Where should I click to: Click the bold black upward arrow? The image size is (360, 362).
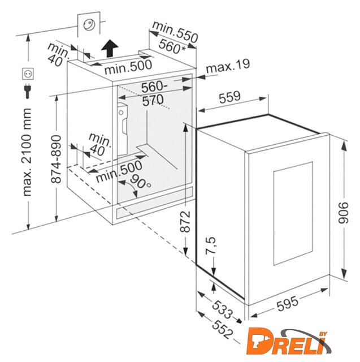click(x=110, y=48)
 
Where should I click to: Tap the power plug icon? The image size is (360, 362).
click(x=28, y=91)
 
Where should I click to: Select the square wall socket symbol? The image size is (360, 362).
click(x=28, y=74)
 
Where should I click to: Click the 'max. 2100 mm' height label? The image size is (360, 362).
click(x=27, y=152)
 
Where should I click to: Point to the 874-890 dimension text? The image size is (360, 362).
click(x=56, y=159)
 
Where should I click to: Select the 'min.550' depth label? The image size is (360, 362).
click(x=175, y=32)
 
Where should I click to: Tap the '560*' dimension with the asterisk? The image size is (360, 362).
click(x=172, y=46)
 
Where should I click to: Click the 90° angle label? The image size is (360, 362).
click(x=140, y=181)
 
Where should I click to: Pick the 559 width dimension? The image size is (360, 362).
click(x=229, y=97)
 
